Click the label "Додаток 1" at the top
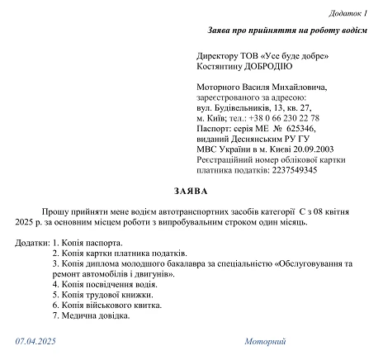tap(351, 14)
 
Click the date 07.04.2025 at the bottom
tap(35, 342)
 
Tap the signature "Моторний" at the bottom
tap(264, 342)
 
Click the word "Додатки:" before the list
tap(32, 243)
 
